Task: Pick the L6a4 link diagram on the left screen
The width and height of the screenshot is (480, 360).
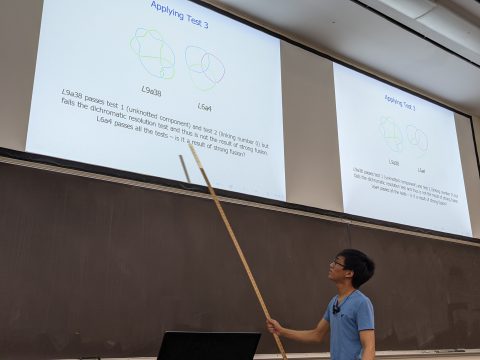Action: point(204,66)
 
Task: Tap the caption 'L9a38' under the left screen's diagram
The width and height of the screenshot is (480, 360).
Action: point(151,90)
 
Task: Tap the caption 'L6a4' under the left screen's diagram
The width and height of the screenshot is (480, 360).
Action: point(204,106)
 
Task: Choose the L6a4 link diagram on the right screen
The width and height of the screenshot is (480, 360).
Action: point(417,140)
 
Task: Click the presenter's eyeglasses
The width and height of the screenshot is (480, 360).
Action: point(340,264)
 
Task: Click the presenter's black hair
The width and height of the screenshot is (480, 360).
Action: point(356,264)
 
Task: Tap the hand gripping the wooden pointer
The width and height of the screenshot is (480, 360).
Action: point(274,325)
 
